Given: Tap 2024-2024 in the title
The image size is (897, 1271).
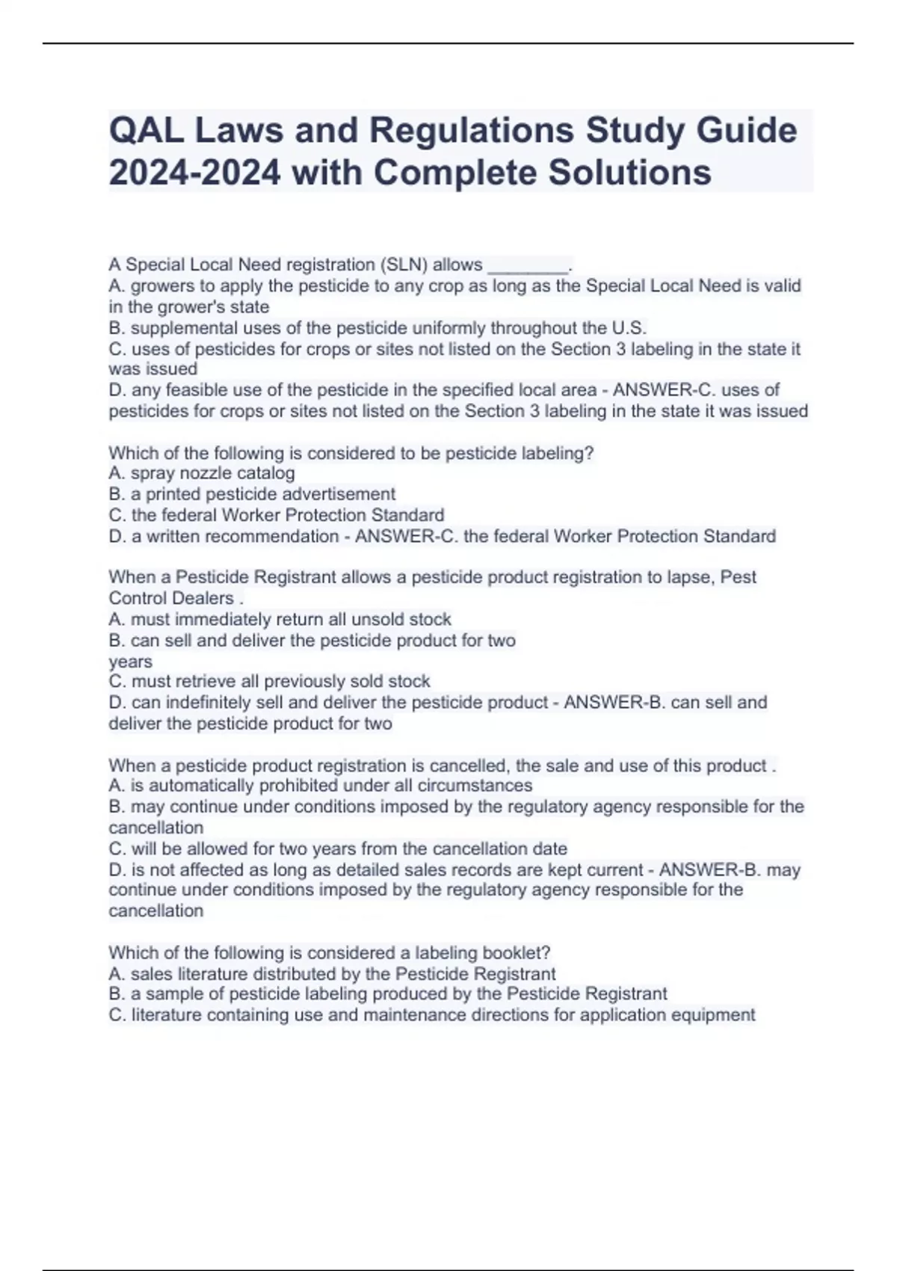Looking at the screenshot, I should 195,173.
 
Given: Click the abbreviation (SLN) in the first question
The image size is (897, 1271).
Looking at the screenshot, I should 404,265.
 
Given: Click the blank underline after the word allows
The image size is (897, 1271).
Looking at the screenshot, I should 528,266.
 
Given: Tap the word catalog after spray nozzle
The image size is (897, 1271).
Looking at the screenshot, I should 265,473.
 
